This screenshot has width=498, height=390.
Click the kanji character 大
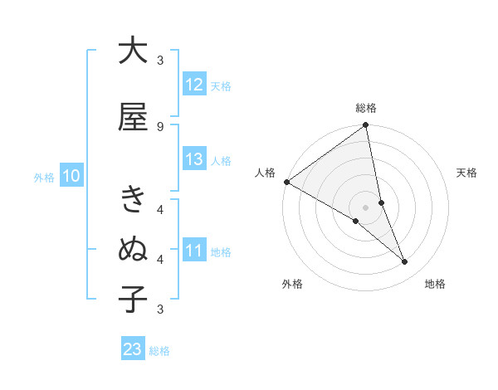(x=133, y=51)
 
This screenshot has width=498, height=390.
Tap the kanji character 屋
(x=133, y=117)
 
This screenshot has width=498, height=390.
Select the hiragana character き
(x=133, y=200)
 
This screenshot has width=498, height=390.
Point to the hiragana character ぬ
(x=133, y=249)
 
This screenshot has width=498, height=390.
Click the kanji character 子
(x=133, y=299)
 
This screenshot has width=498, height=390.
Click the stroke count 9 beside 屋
(x=159, y=126)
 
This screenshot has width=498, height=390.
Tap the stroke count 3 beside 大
(x=160, y=61)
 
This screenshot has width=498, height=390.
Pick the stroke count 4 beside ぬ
(x=160, y=259)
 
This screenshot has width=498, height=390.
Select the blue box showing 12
(x=194, y=85)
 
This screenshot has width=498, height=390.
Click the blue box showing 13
(x=194, y=159)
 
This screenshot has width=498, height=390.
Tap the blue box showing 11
(x=194, y=251)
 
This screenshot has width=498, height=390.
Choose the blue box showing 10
(x=71, y=176)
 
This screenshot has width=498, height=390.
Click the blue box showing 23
(x=133, y=349)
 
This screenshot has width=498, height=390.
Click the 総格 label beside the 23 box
(x=159, y=351)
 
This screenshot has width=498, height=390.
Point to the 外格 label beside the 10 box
(x=44, y=178)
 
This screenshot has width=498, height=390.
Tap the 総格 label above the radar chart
(x=366, y=108)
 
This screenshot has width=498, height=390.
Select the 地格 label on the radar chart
(x=435, y=284)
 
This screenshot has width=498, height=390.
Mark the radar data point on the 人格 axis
(x=286, y=182)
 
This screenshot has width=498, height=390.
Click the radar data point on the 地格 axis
(x=405, y=262)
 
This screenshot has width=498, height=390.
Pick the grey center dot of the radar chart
(x=366, y=206)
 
